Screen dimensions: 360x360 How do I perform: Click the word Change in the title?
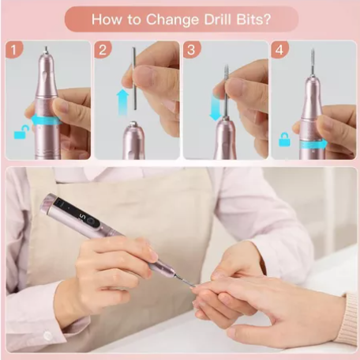click(x=172, y=20)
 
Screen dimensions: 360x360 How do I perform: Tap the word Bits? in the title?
click(x=253, y=19)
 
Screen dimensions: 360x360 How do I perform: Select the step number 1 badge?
click(x=14, y=49)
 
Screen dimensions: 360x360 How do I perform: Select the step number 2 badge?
click(x=103, y=49)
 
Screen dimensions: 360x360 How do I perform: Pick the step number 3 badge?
click(x=192, y=49)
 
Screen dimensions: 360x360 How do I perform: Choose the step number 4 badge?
click(x=279, y=49)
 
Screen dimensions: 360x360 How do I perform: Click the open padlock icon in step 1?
click(x=21, y=132)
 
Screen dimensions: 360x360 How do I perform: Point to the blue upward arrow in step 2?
click(x=122, y=102)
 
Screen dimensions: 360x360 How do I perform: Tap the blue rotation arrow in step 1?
click(x=46, y=120)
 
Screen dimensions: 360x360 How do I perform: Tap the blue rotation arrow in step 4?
click(x=313, y=145)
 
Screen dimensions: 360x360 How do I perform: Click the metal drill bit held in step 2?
click(x=134, y=78)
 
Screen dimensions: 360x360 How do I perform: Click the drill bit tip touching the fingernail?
click(x=194, y=286)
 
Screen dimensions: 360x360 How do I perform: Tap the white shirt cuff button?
click(x=47, y=335)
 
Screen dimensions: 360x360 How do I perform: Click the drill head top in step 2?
click(x=134, y=124)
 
